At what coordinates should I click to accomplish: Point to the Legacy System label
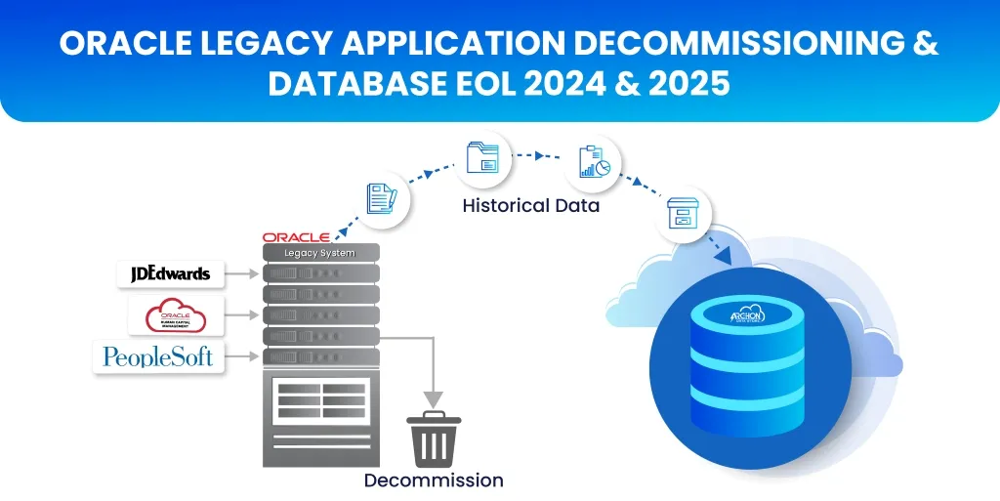tap(319, 253)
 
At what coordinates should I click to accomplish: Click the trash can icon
tap(434, 439)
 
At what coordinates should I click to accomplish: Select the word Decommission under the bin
tap(434, 480)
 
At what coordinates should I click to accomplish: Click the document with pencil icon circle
tap(380, 198)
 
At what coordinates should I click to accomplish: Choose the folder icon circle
tap(482, 157)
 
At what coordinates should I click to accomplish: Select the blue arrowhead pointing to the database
tap(726, 256)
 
